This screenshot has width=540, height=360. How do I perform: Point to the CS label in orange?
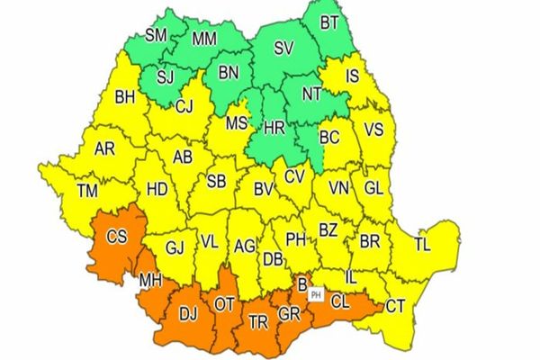[118, 238]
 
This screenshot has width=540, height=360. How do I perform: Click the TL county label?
[422, 244]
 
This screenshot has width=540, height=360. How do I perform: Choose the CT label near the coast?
[395, 307]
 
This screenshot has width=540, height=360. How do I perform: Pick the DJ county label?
[188, 314]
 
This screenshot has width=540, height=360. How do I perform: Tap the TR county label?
[258, 320]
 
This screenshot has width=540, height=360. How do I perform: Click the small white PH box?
[315, 294]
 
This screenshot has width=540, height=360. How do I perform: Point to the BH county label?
[124, 97]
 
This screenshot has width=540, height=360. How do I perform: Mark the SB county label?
[216, 181]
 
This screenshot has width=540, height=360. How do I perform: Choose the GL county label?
[373, 188]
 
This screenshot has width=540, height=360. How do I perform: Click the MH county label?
[151, 282]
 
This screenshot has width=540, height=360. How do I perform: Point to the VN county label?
[339, 188]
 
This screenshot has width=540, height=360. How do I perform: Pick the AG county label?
[244, 245]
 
